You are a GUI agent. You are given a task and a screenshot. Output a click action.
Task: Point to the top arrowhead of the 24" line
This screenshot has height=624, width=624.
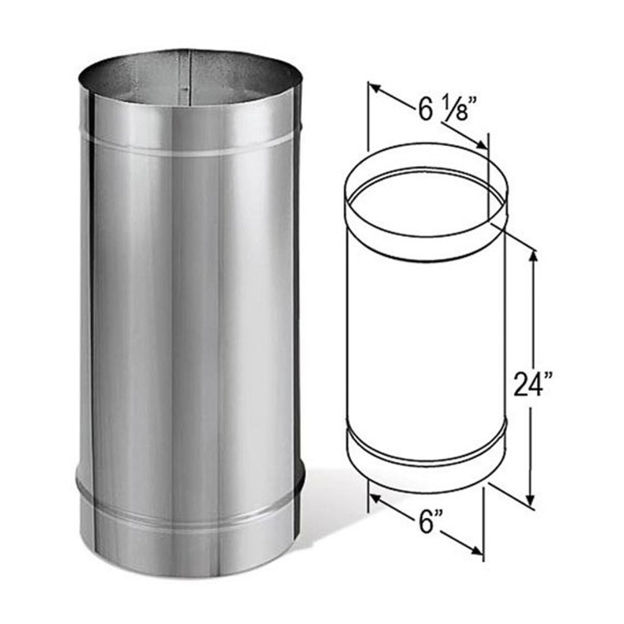coord(532,254)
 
